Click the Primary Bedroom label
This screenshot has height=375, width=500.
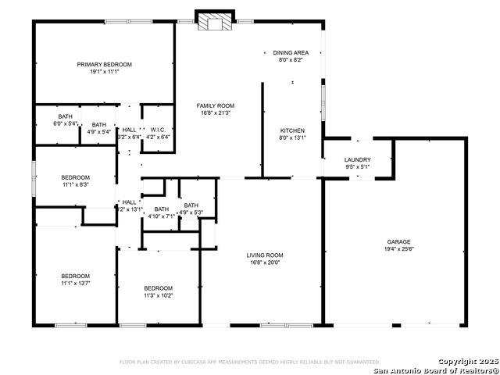104,64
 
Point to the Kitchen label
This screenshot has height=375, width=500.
293,130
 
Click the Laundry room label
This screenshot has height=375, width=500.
358,159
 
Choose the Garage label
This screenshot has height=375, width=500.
398,241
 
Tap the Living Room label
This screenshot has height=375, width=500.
265,255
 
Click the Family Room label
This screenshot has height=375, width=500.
215,105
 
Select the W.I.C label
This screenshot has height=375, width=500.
158,129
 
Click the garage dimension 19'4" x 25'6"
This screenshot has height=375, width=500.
398,249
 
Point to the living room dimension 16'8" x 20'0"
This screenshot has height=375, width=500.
265,262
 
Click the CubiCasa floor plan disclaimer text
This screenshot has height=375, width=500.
249,362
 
